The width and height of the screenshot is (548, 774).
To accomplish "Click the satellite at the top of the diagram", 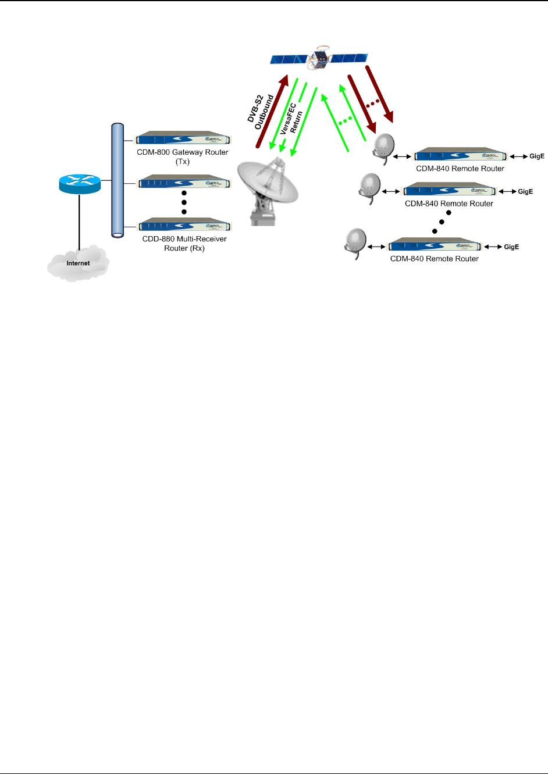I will click(x=319, y=58).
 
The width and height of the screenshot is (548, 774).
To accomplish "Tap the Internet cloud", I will click(x=78, y=262).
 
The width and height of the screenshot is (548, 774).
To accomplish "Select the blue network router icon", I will click(x=80, y=184).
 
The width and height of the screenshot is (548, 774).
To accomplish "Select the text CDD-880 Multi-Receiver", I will click(x=184, y=238).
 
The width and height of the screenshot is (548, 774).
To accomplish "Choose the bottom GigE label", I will click(x=511, y=247).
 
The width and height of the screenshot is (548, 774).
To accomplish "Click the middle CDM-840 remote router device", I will click(x=449, y=190).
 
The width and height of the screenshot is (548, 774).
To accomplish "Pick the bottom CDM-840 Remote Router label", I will click(x=434, y=259).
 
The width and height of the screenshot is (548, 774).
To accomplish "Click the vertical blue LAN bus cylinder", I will click(x=118, y=180).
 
